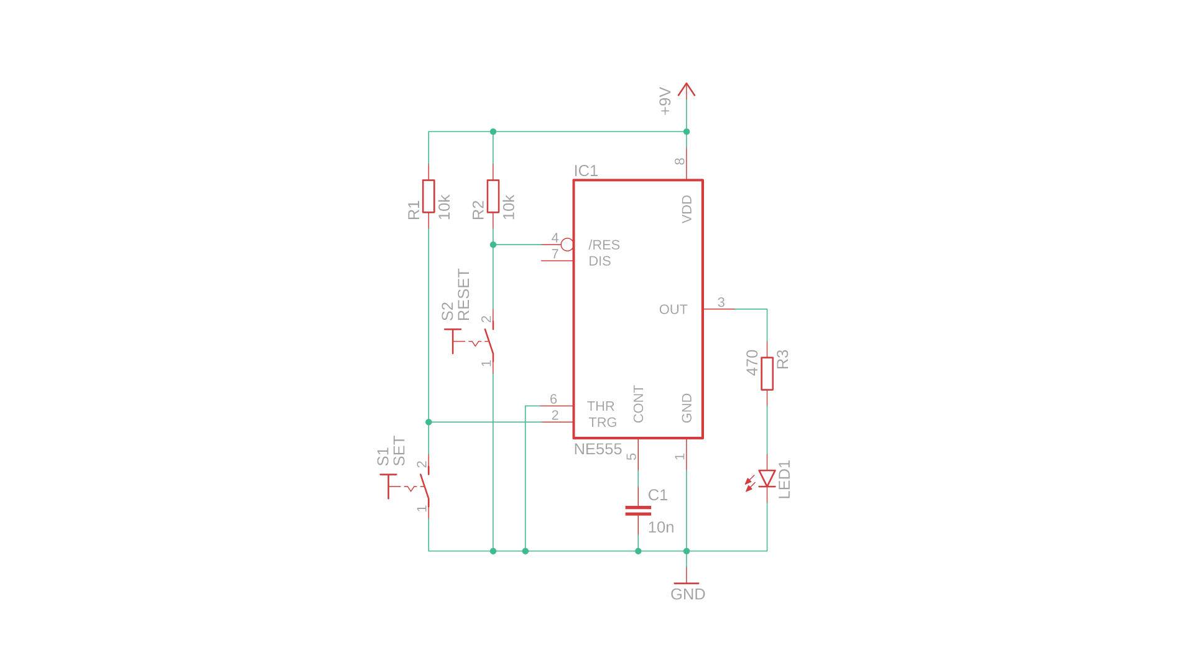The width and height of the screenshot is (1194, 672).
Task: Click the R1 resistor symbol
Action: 428,197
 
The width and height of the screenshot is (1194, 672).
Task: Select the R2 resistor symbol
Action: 493,197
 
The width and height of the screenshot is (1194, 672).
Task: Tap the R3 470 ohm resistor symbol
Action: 767,373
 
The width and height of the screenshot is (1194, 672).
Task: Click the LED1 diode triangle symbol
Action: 767,478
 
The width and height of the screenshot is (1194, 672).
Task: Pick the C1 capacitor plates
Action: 638,511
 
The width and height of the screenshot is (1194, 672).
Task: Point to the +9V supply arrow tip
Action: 687,85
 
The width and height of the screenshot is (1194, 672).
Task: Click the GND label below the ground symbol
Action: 688,594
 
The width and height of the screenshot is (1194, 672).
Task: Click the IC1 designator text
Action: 586,171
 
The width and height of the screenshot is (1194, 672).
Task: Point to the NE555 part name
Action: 598,449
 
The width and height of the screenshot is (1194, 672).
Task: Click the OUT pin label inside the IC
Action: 673,309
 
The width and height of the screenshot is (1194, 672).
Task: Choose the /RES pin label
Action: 604,245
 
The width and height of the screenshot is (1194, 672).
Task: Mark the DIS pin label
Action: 599,261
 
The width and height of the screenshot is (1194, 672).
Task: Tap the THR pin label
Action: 600,406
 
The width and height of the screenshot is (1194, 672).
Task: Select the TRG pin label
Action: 602,422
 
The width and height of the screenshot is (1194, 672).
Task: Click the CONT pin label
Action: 639,404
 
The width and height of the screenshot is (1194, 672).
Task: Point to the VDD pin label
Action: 687,209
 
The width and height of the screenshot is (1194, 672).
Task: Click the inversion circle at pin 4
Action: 567,245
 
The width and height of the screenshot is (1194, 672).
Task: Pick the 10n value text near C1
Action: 660,528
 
